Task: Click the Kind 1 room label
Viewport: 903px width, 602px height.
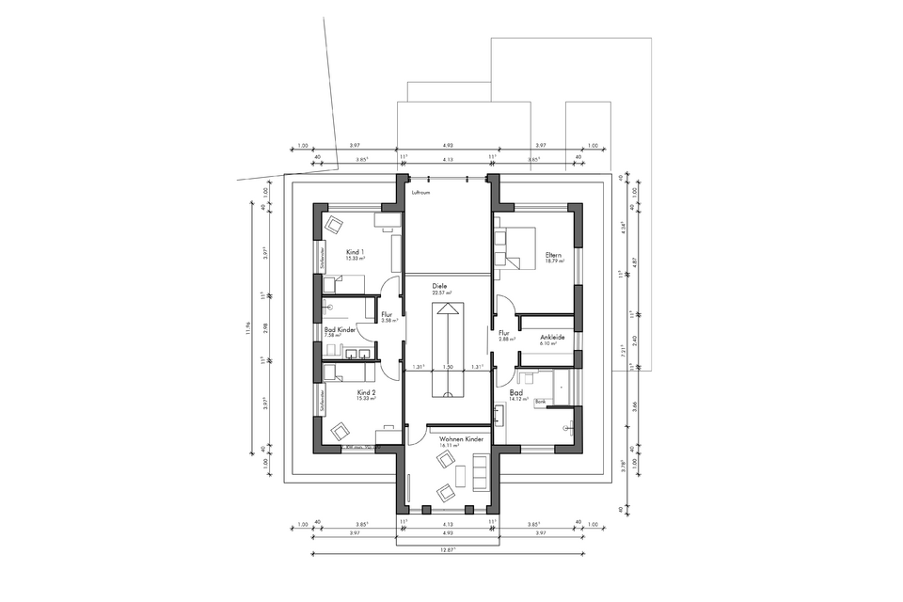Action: click(355, 252)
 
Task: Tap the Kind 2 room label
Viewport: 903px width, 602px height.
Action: click(366, 392)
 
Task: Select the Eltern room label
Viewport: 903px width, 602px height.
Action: click(553, 254)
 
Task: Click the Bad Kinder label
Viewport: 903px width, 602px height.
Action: click(340, 330)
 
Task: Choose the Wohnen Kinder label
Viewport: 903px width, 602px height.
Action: click(454, 438)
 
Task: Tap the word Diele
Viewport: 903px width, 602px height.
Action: click(439, 285)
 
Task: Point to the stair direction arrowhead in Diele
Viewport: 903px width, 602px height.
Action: click(448, 309)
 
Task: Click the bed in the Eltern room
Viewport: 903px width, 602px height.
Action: click(514, 246)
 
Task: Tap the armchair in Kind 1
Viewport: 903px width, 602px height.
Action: click(335, 225)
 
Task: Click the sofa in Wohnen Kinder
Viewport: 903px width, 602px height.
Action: click(481, 470)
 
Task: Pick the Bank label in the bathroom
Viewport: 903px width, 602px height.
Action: click(541, 402)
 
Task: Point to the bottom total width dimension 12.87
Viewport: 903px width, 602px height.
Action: click(448, 548)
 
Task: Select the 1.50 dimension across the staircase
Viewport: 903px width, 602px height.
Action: click(448, 367)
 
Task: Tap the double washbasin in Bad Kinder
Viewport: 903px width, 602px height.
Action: click(355, 355)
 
